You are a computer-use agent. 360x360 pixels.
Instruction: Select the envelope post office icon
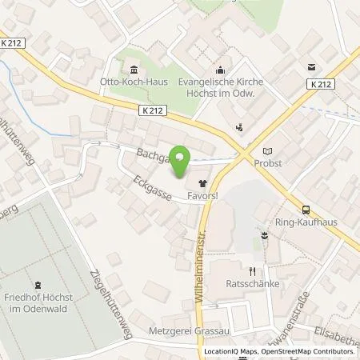tap(310, 68)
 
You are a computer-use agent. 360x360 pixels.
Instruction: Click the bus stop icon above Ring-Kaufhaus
tap(306, 210)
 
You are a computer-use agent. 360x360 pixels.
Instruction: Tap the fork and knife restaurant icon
tap(251, 270)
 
